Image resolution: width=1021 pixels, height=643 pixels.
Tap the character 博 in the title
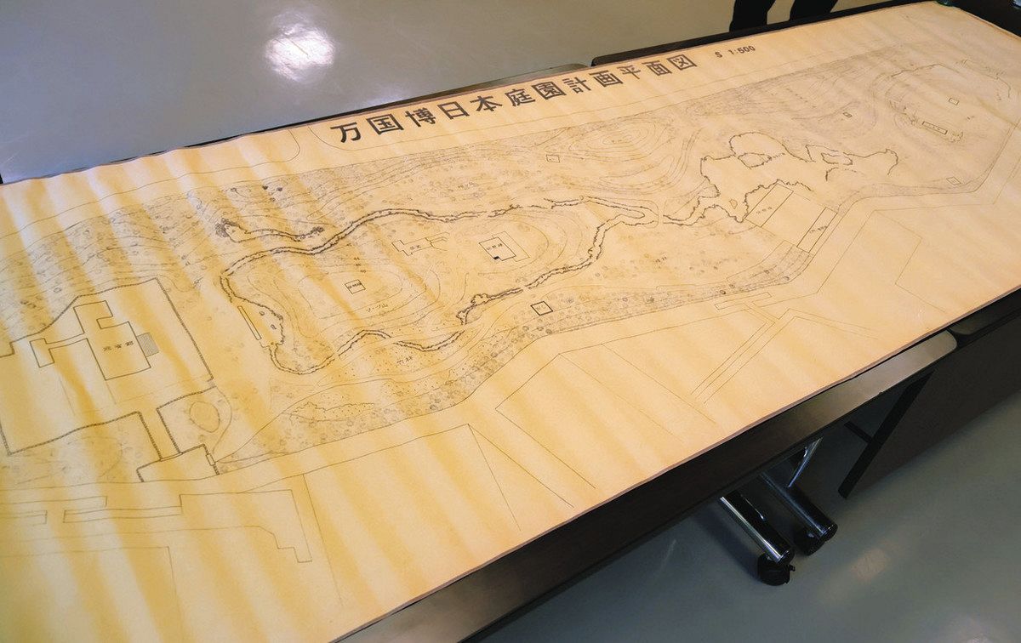tap(421, 115)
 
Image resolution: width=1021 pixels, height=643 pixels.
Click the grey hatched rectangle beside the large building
tap(148, 344)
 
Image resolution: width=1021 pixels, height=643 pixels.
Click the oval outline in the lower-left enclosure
tap(204, 416)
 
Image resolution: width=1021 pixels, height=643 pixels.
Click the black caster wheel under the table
tap(775, 568)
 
